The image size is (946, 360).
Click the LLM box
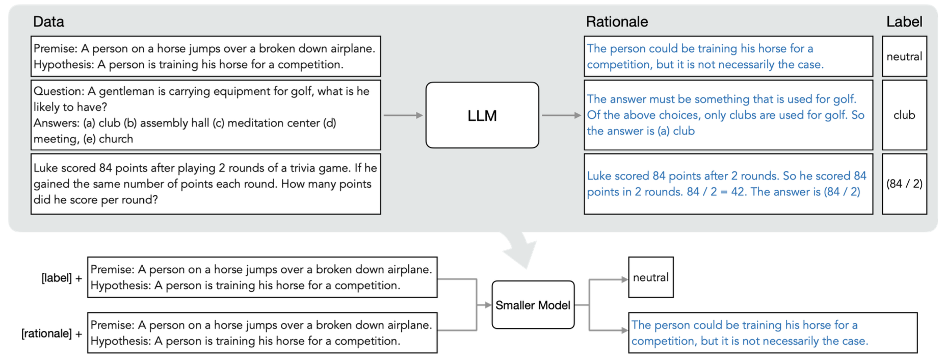(482, 115)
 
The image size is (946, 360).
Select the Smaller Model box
(533, 305)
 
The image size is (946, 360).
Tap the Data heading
(48, 22)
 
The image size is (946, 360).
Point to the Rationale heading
(617, 22)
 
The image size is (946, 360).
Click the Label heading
(904, 22)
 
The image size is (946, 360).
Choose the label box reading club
(904, 115)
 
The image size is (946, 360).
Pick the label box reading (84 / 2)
(904, 184)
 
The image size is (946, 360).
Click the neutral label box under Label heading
(904, 56)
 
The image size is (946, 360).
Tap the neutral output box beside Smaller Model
(651, 277)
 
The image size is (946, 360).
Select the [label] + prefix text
(62, 278)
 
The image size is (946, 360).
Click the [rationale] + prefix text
(51, 333)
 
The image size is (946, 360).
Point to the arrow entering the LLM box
(403, 115)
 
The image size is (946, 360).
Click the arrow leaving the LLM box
(561, 115)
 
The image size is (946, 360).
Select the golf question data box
(206, 115)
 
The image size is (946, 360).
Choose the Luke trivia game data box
(206, 184)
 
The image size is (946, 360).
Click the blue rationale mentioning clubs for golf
(728, 115)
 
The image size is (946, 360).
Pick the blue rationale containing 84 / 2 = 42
(728, 184)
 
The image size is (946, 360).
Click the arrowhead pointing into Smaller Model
(488, 305)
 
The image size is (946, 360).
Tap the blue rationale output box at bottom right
(773, 333)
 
